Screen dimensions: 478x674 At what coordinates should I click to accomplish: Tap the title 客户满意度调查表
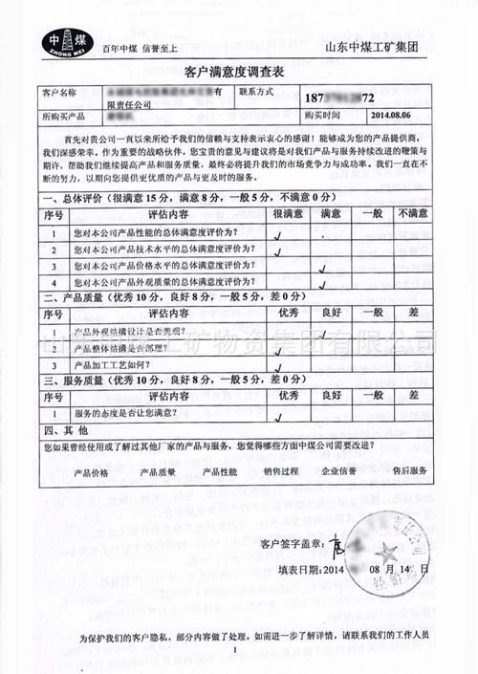coord(233,72)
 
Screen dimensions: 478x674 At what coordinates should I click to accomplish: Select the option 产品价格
coord(92,471)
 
